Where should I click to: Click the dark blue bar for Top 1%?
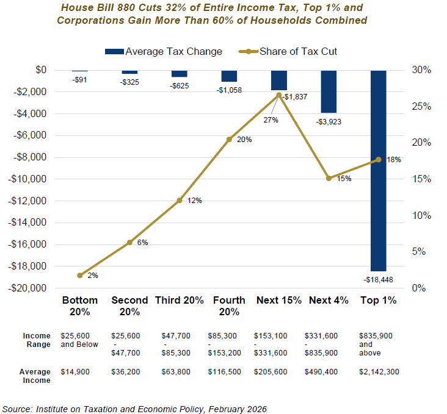tap(378, 171)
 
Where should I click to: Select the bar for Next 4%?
tap(329, 91)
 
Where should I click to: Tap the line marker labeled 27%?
tap(279, 95)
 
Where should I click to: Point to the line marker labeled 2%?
tap(80, 275)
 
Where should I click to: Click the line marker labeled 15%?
tap(329, 178)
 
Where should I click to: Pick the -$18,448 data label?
tap(378, 279)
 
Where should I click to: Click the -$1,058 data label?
tap(229, 90)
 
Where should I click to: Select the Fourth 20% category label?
tap(229, 305)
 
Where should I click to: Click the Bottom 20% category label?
tap(80, 305)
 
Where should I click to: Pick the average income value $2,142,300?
tap(379, 371)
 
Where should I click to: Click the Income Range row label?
tap(37, 340)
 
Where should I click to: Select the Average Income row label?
tap(37, 376)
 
